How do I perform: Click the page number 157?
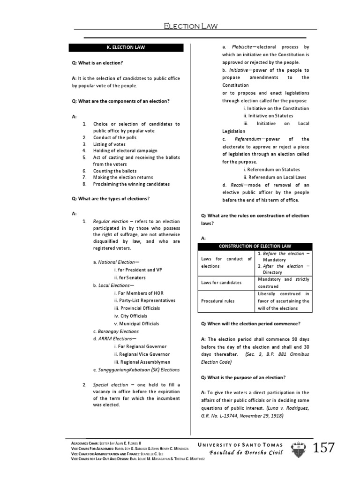(324, 448)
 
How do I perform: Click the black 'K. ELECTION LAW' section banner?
(129, 48)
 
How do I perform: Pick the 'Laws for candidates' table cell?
(221, 283)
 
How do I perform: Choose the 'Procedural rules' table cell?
(219, 301)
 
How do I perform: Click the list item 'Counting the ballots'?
(115, 171)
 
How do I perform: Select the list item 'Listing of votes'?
(109, 144)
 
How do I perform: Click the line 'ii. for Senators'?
(130, 277)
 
